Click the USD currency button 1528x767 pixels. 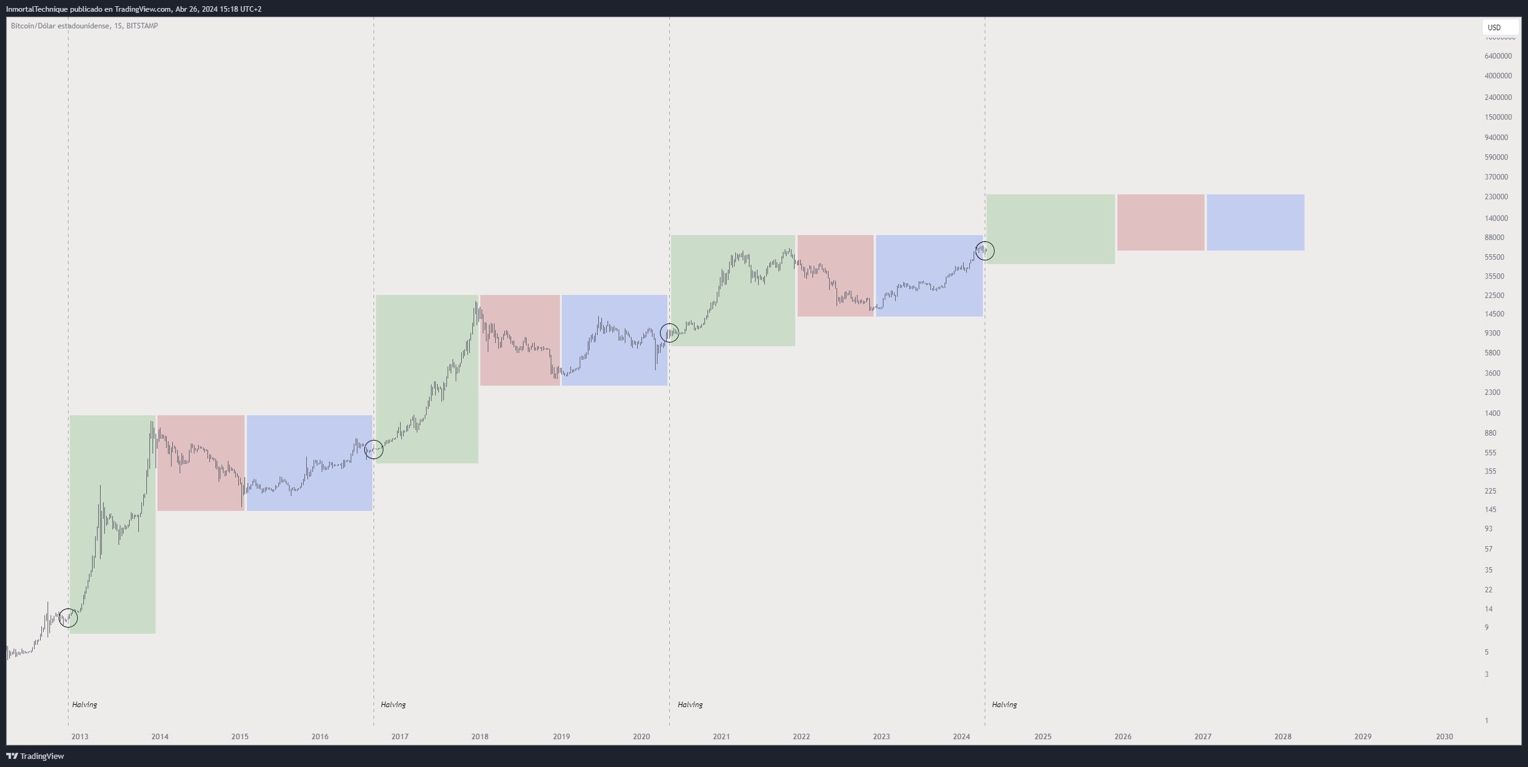pyautogui.click(x=1500, y=28)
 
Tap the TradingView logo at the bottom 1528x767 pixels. pyautogui.click(x=35, y=756)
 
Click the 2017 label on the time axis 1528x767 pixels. pyautogui.click(x=399, y=736)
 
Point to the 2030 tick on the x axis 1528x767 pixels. pyautogui.click(x=1444, y=736)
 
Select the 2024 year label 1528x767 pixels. pyautogui.click(x=961, y=736)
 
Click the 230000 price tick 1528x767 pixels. pyautogui.click(x=1496, y=197)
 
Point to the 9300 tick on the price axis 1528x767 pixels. pyautogui.click(x=1492, y=333)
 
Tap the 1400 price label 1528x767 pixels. pyautogui.click(x=1492, y=413)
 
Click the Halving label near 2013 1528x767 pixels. pyautogui.click(x=85, y=704)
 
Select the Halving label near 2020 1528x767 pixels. pyautogui.click(x=690, y=704)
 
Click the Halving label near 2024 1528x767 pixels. pyautogui.click(x=1004, y=704)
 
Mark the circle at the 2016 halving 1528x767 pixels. pyautogui.click(x=374, y=450)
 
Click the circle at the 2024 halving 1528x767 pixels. pyautogui.click(x=985, y=251)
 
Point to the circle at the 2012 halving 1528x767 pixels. pyautogui.click(x=68, y=618)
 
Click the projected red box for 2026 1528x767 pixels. pyautogui.click(x=1161, y=222)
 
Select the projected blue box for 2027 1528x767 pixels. pyautogui.click(x=1255, y=222)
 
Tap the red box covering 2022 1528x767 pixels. pyautogui.click(x=835, y=276)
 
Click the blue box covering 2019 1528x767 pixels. pyautogui.click(x=614, y=340)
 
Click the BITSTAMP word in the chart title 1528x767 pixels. pyautogui.click(x=142, y=26)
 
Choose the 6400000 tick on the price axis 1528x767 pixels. pyautogui.click(x=1498, y=56)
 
